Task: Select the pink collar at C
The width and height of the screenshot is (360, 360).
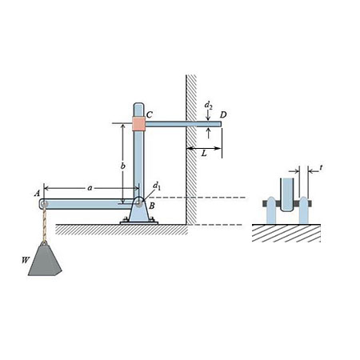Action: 139,123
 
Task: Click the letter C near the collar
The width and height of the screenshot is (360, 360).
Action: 150,114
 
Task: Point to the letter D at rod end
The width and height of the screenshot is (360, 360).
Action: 223,116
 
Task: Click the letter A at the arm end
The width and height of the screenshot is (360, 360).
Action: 36,193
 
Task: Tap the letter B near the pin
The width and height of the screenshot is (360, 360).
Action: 151,206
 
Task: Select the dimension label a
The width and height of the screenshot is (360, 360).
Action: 89,186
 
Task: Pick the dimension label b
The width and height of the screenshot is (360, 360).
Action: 122,166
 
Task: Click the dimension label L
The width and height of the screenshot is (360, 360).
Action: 204,152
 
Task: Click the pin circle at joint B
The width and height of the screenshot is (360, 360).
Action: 138,202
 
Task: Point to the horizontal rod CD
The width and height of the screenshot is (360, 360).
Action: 180,123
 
